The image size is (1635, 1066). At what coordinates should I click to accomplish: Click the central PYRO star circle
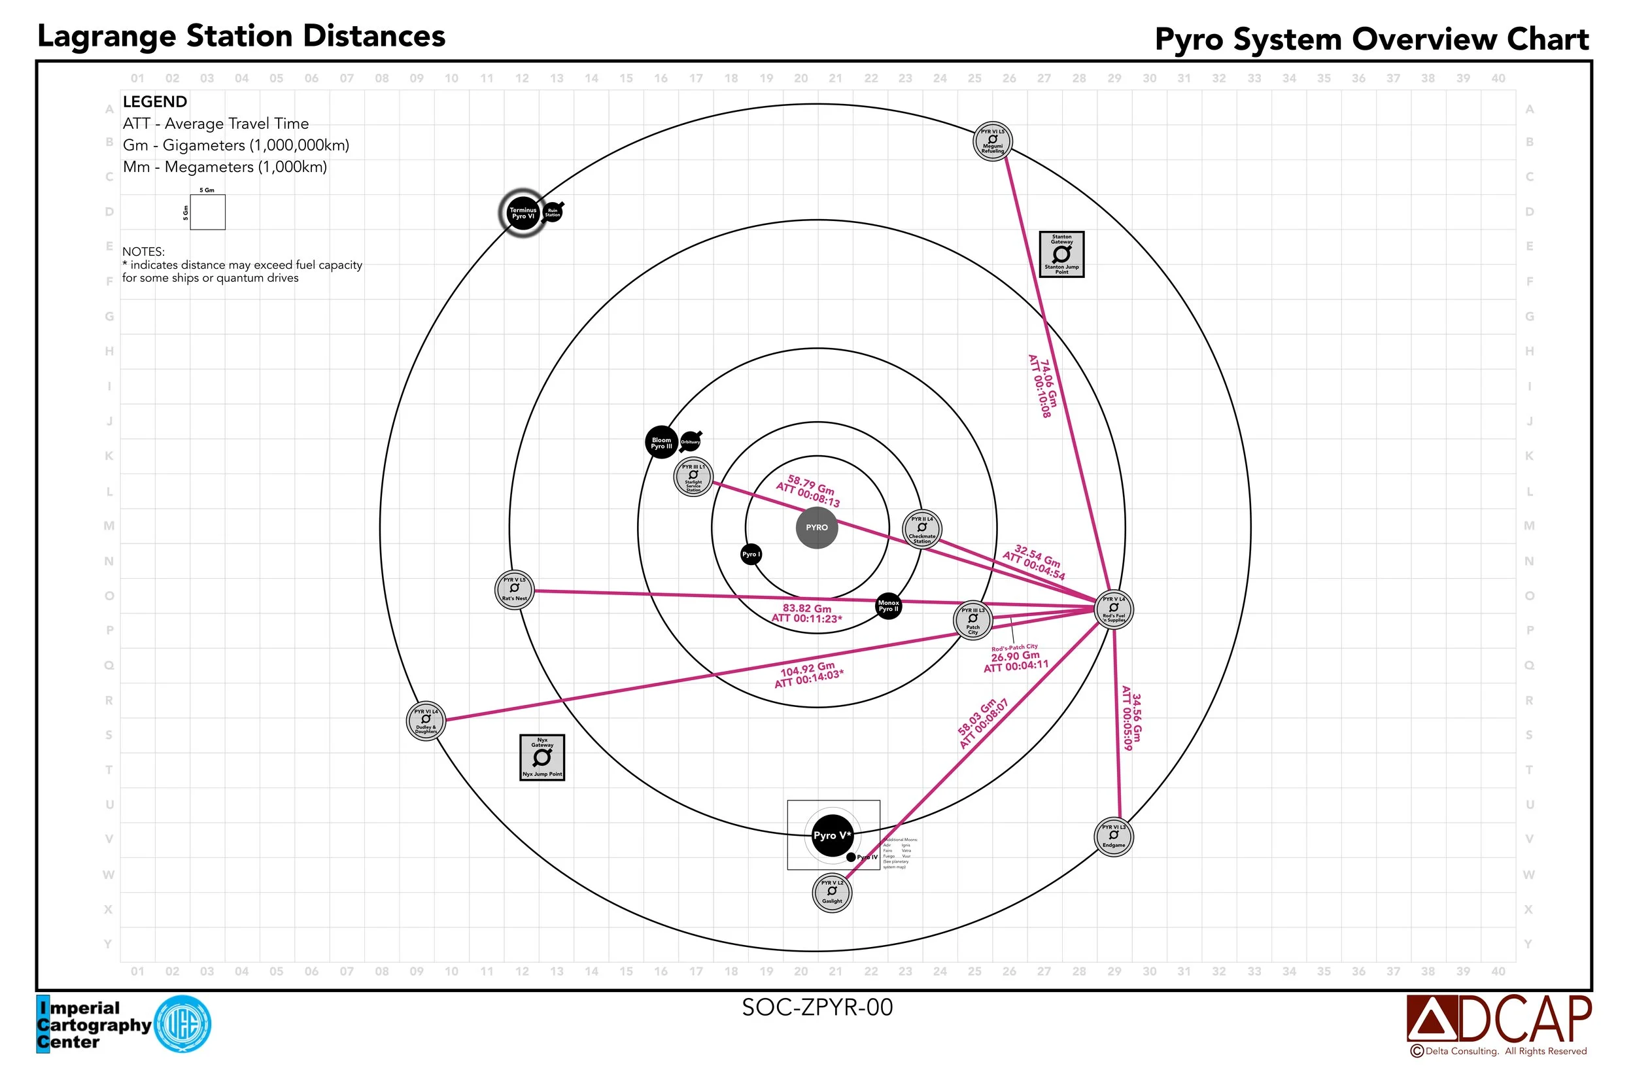(817, 528)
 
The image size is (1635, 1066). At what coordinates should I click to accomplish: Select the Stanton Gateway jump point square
(1061, 254)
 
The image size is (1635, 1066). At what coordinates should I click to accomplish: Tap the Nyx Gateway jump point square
(542, 757)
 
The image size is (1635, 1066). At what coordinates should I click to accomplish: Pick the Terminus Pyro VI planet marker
(523, 213)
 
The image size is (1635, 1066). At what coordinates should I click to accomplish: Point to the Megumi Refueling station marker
(993, 141)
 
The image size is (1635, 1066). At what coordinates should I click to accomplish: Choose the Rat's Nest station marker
(515, 589)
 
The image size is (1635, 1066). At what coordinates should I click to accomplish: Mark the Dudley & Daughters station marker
(426, 721)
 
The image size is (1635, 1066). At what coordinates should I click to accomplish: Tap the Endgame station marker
(1114, 836)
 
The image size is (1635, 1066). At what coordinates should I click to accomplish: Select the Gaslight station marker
(832, 892)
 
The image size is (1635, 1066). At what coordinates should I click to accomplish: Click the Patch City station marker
(972, 619)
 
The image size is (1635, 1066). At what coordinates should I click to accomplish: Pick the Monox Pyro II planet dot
(888, 606)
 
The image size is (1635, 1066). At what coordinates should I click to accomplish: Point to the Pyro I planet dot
(751, 555)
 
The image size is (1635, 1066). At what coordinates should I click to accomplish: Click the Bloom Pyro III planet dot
(661, 442)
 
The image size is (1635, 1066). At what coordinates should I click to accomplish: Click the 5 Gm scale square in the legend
(207, 211)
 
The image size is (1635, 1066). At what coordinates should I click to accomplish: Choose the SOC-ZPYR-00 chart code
(817, 1007)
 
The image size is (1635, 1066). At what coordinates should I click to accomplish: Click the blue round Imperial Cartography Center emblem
(182, 1024)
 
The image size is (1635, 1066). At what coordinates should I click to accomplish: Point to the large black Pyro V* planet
(832, 835)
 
